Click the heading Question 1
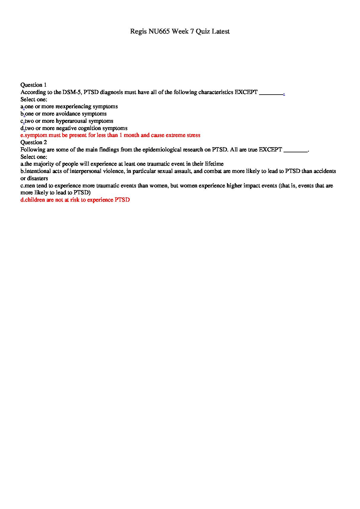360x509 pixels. pos(33,85)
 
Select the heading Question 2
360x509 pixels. pos(33,142)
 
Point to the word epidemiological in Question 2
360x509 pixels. pos(162,150)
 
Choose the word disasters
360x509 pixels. pos(37,178)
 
